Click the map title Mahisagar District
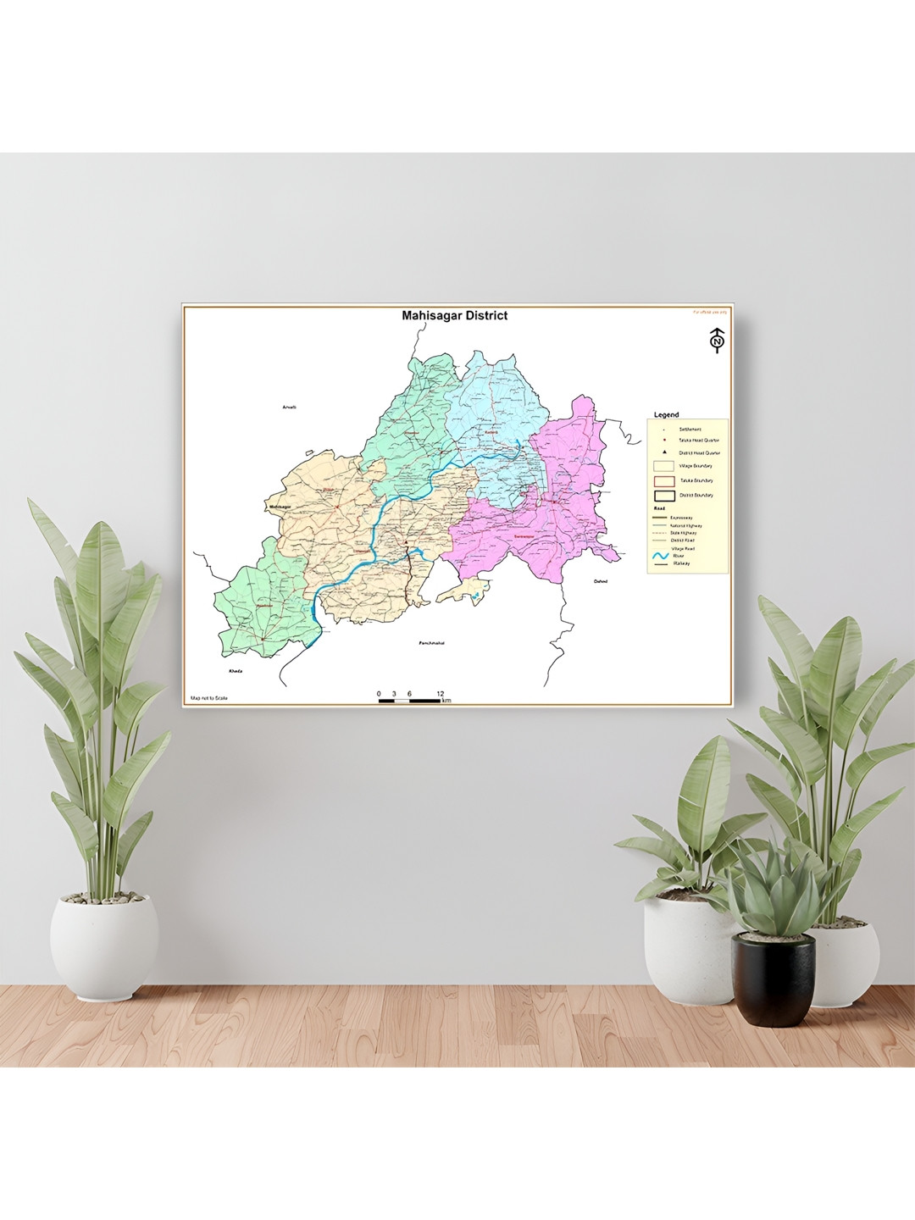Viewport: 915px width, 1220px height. click(x=454, y=316)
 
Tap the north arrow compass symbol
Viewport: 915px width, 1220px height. click(x=718, y=341)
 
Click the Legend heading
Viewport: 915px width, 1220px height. click(x=666, y=415)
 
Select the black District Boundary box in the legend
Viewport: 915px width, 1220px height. click(x=664, y=496)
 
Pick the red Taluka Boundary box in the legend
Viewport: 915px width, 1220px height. click(x=664, y=481)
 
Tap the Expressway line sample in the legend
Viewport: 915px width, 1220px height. click(x=660, y=518)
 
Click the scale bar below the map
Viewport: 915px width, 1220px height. click(x=410, y=701)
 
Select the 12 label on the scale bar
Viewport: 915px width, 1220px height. click(x=440, y=694)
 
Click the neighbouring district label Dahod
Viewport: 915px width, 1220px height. click(x=601, y=581)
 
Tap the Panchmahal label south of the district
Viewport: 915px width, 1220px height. click(x=431, y=643)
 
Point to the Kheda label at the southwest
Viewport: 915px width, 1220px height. click(x=236, y=671)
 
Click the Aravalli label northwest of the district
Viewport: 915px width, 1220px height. click(x=289, y=408)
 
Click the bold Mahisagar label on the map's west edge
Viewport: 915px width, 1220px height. click(x=280, y=507)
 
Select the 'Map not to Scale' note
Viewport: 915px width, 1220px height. click(x=209, y=698)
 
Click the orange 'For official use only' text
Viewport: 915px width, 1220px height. click(x=709, y=313)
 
